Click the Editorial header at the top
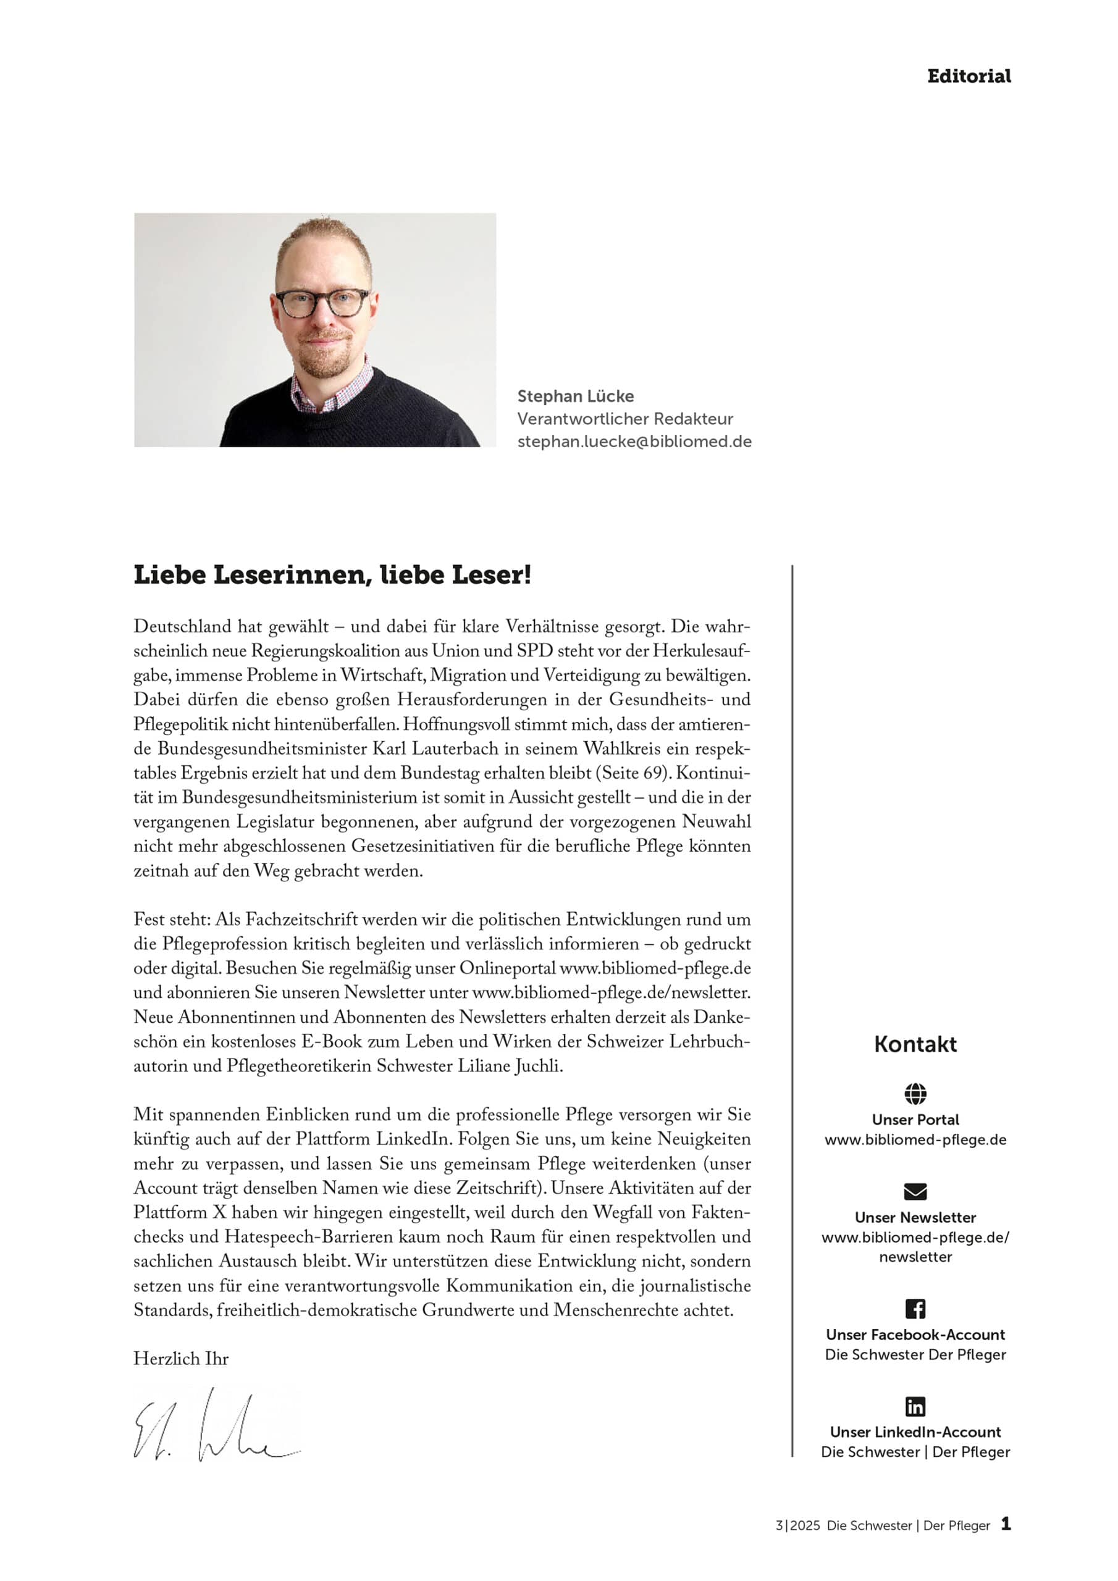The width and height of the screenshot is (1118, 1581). click(968, 77)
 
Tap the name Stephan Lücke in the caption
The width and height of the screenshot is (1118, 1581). click(575, 396)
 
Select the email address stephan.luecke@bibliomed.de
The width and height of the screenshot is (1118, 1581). click(634, 442)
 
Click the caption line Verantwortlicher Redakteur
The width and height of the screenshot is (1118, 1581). click(625, 419)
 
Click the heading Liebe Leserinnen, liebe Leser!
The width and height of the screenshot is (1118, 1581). click(332, 575)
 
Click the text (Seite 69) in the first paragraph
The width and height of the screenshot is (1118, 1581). click(632, 773)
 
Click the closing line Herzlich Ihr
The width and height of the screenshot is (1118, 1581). click(180, 1359)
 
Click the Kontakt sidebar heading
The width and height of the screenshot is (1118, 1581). click(915, 1044)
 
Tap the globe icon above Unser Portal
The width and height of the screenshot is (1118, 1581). click(915, 1094)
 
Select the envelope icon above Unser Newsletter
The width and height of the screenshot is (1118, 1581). click(915, 1191)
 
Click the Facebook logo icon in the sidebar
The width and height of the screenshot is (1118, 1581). click(915, 1308)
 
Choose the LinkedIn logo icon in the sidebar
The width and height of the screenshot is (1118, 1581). click(915, 1406)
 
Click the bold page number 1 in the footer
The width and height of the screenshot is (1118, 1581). click(1006, 1523)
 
